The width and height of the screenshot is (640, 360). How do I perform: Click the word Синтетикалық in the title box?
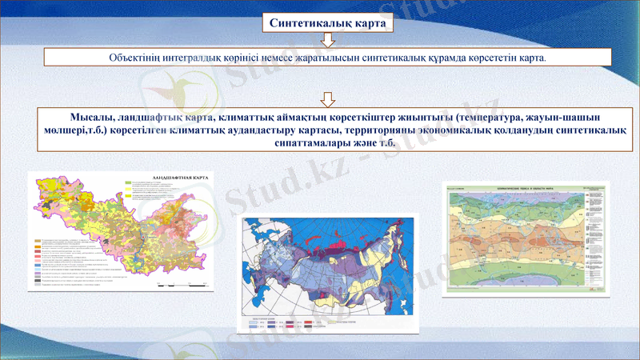(x=310, y=24)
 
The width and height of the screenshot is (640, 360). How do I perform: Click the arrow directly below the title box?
(x=326, y=41)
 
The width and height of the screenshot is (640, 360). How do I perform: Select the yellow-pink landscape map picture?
(x=120, y=232)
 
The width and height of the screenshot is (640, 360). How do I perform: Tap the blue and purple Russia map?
(x=329, y=264)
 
